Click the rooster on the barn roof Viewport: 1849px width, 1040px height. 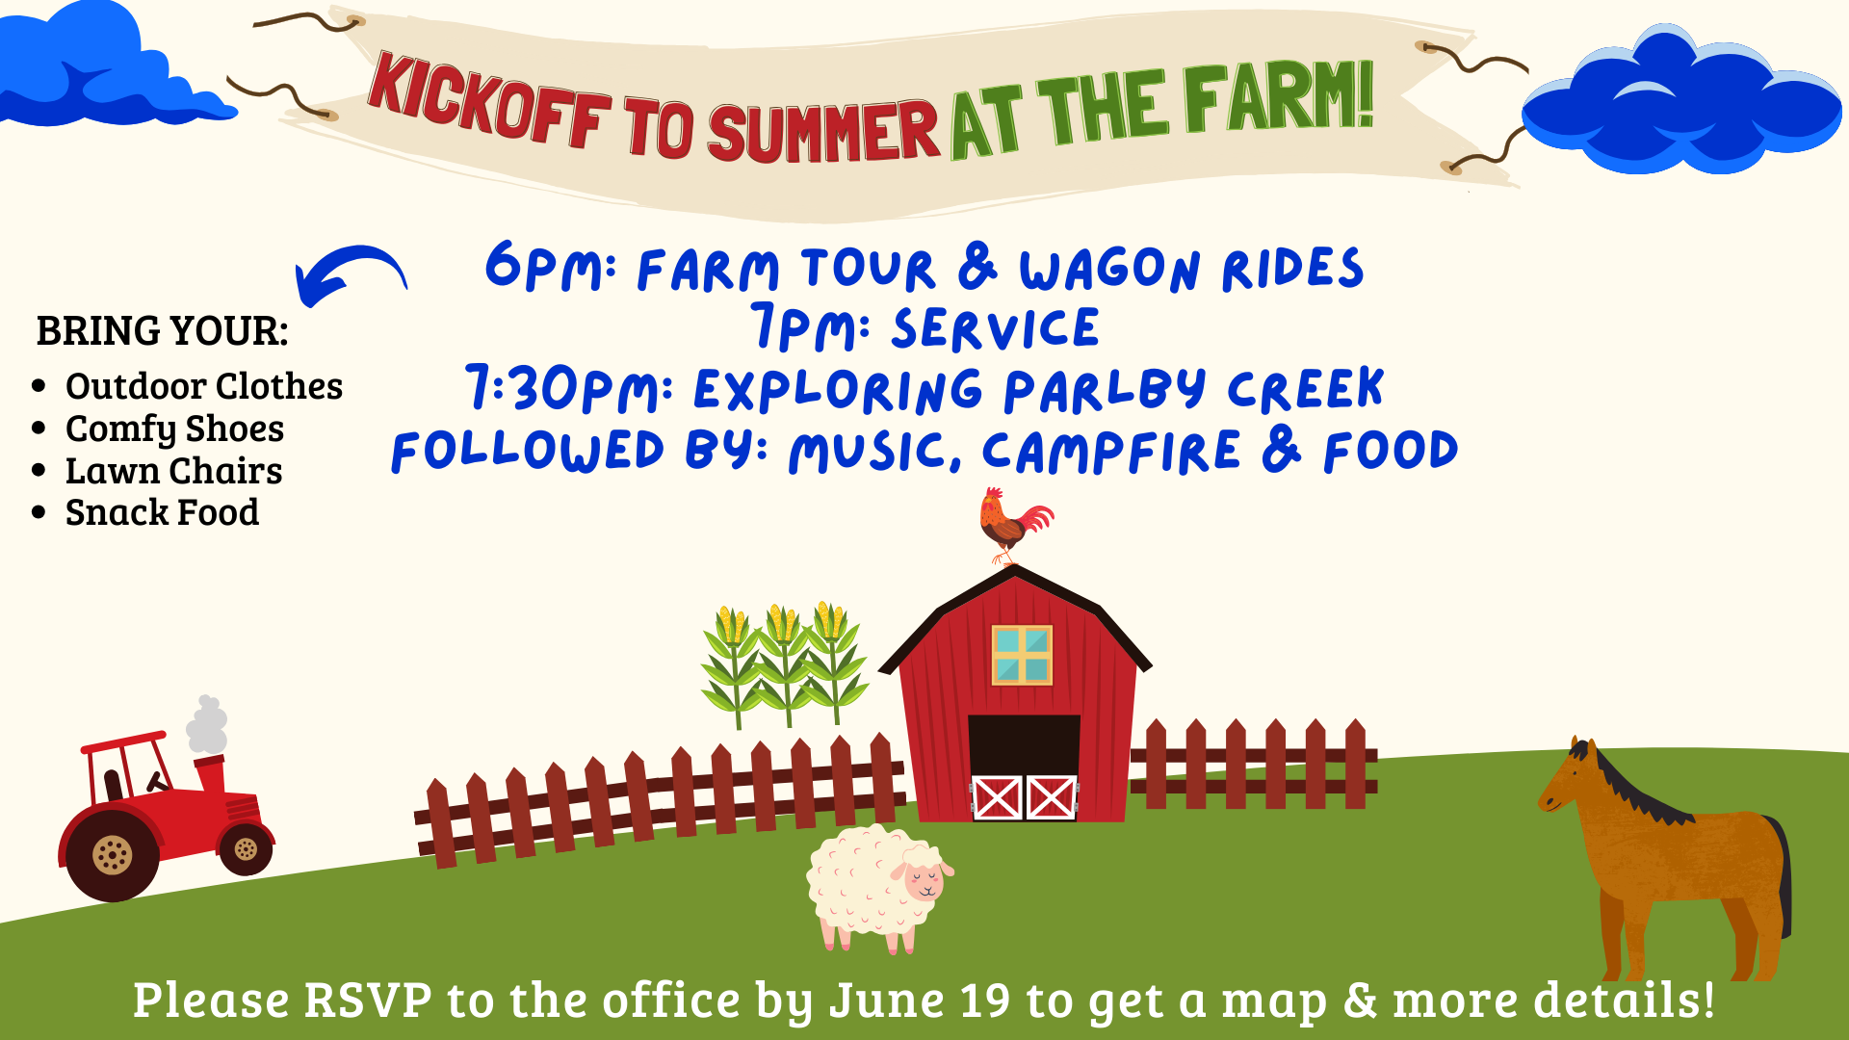tap(1013, 526)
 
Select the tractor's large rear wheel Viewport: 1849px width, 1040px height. tap(112, 853)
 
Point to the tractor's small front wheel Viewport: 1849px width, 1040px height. tap(246, 848)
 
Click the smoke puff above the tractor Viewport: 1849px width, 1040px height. tap(207, 724)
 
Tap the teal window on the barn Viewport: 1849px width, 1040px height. tap(1022, 655)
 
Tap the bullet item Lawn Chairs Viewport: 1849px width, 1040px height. tap(173, 471)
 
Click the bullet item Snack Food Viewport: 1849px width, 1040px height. tap(162, 512)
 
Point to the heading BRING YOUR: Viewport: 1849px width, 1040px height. tap(162, 331)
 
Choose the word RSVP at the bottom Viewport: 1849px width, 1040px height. tap(368, 1000)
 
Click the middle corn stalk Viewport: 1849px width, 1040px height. tap(784, 664)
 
